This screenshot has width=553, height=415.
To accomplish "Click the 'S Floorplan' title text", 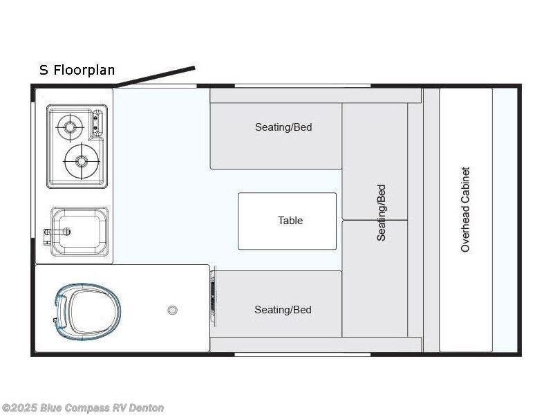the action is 77,70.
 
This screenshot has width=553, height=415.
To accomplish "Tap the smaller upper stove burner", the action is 70,127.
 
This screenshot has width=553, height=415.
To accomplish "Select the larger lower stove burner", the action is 82,161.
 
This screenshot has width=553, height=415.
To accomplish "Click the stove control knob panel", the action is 97,124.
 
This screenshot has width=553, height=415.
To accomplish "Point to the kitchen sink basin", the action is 79,232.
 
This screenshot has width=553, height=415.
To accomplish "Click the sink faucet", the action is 57,234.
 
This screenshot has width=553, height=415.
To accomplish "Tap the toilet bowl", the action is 93,312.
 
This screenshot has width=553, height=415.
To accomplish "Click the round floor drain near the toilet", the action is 172,310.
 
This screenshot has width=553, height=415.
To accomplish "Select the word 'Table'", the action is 290,221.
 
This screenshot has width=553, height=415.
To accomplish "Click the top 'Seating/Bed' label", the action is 283,127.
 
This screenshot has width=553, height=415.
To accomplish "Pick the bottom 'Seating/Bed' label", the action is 283,310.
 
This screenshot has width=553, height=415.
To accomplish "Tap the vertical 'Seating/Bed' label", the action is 382,213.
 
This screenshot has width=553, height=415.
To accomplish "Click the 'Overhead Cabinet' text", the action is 465,210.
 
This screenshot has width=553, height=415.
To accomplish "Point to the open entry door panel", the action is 156,76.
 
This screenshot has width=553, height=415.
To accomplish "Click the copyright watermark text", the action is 82,408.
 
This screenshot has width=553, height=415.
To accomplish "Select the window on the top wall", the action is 303,86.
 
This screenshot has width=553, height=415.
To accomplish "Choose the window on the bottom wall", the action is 303,354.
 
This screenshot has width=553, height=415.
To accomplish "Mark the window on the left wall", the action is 32,169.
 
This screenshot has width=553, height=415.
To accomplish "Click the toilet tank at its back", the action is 60,311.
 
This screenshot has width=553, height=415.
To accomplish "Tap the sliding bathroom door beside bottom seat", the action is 213,297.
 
